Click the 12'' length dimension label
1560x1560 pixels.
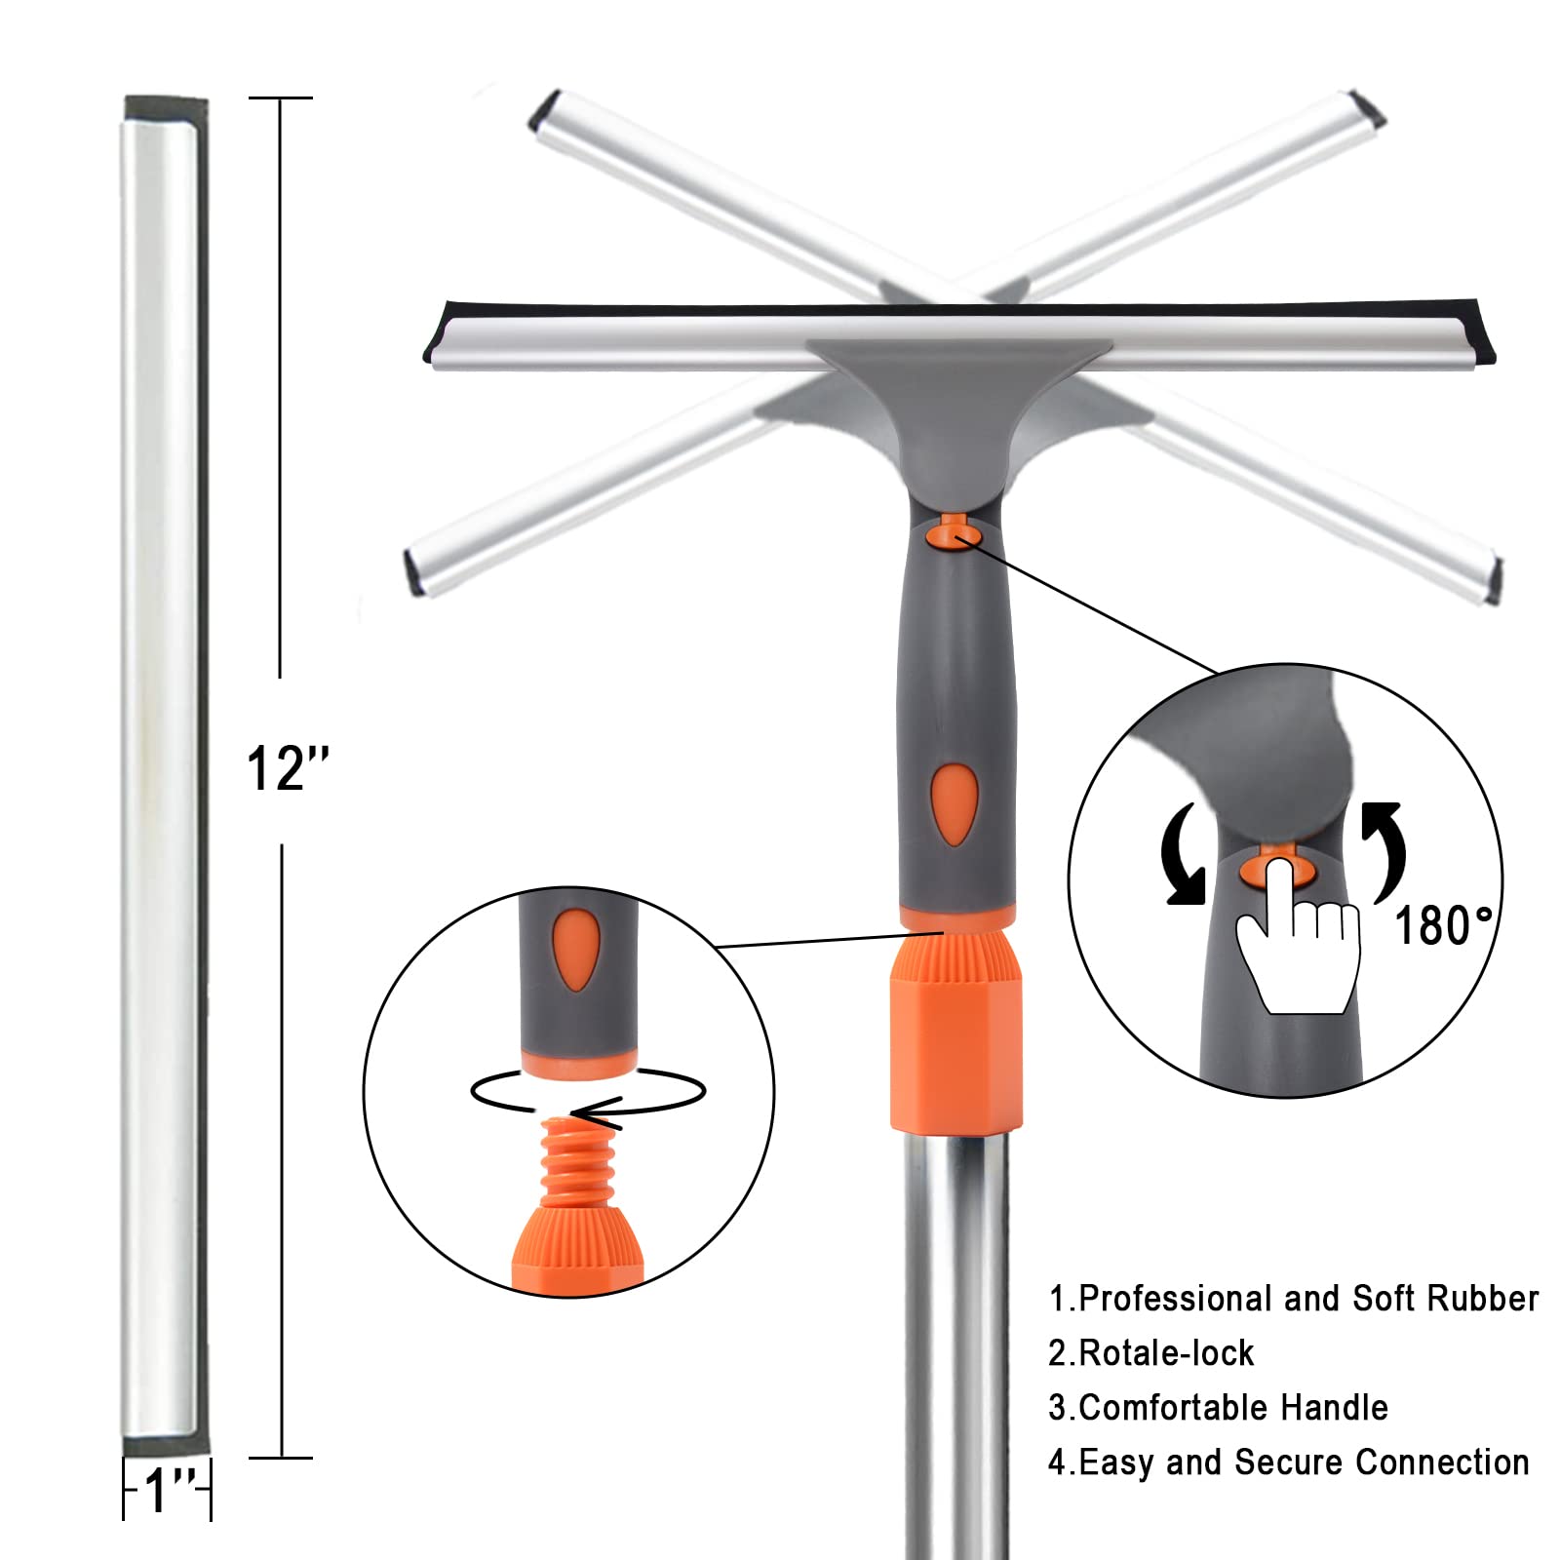[289, 769]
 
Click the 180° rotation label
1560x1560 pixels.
[1444, 925]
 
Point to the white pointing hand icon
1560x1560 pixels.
[1298, 935]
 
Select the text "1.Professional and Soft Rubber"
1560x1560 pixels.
[1293, 1299]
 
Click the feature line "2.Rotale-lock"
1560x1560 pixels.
[1150, 1353]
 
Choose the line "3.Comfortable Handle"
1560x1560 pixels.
[1218, 1408]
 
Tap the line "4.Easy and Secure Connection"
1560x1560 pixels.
[1288, 1462]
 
